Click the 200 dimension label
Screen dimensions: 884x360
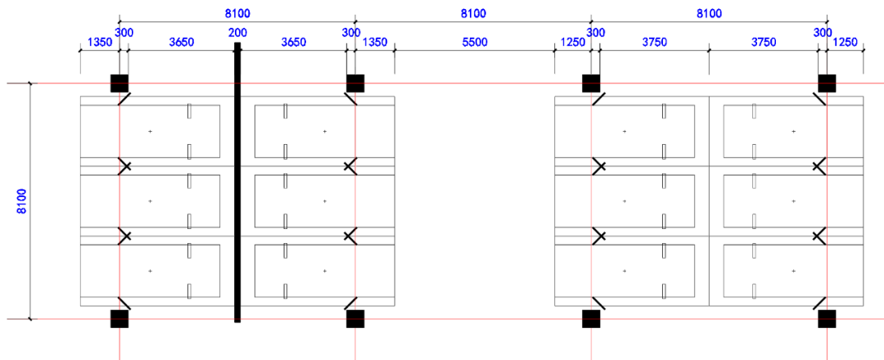tap(237, 33)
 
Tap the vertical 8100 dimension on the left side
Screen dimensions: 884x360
tap(22, 201)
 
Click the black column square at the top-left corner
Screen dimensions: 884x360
tap(120, 83)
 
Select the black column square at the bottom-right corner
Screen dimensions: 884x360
tap(827, 318)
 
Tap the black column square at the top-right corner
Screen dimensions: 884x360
tap(827, 83)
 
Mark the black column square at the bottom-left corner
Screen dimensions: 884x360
tap(120, 318)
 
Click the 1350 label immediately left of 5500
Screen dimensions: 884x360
tap(375, 43)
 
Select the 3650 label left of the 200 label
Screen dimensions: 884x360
tap(181, 43)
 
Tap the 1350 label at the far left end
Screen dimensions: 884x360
tap(99, 43)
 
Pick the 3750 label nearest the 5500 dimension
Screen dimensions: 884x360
tap(653, 43)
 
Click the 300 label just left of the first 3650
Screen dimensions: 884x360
tap(124, 33)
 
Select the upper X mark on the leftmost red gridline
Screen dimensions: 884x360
tap(124, 166)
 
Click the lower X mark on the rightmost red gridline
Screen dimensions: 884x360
tap(819, 236)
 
